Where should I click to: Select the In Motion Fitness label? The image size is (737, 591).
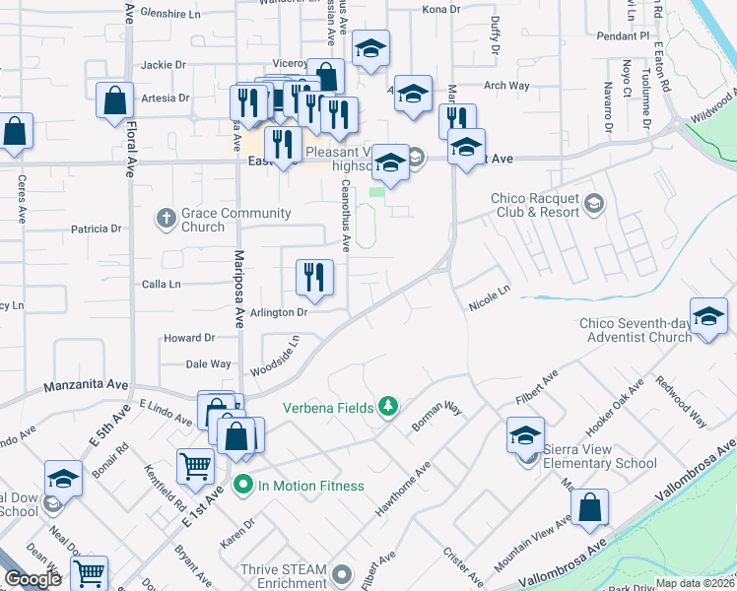310,485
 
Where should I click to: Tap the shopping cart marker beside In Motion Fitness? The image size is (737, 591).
196,466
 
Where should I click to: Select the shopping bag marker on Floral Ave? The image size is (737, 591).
115,99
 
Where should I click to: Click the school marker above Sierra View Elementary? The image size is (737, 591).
526,434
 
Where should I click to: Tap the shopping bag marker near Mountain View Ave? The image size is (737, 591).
589,507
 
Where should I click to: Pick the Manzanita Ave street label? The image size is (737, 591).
86,385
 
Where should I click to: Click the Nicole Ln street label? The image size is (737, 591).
490,297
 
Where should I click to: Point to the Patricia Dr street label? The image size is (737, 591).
96,229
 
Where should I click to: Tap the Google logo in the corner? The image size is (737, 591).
33,579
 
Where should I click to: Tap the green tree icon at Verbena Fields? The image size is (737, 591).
389,406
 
